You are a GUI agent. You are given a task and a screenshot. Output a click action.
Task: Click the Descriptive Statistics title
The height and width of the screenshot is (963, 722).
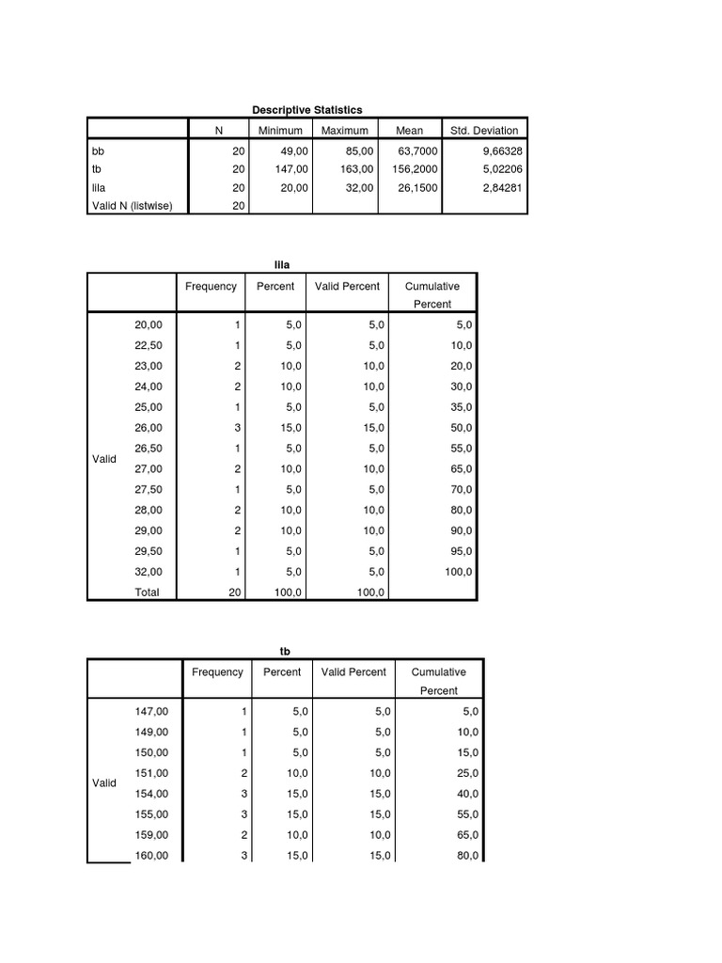point(307,110)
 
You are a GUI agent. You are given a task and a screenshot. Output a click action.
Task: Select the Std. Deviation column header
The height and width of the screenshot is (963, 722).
point(484,131)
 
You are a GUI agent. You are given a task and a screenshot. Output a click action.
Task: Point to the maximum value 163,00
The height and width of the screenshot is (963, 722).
point(355,169)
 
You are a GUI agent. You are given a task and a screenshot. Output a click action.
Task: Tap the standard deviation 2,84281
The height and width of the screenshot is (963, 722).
point(497,188)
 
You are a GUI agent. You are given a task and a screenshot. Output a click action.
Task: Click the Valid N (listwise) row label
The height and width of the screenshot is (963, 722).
point(132,206)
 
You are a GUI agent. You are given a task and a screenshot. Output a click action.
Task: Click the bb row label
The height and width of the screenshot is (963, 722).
point(98,150)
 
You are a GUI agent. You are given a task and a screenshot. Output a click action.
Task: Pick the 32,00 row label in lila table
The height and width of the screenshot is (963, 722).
point(149,572)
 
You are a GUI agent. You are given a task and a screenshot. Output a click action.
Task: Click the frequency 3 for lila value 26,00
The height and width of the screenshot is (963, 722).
point(239,428)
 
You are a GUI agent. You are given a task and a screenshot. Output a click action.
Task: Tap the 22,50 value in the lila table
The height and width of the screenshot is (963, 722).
point(149,345)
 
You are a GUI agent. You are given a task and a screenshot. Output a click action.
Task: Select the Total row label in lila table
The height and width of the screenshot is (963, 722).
point(148,592)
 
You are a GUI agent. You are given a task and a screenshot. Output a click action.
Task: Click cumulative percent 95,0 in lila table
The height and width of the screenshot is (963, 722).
point(462,551)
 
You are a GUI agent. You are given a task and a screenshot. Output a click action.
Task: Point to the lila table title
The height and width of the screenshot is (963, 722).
point(281,266)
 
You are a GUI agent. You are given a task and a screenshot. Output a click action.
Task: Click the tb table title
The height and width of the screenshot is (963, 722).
point(285,652)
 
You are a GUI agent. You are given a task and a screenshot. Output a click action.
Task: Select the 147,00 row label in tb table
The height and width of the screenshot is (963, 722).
point(151,712)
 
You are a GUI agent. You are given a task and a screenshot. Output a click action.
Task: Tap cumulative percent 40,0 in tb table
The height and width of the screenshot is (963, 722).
point(467,794)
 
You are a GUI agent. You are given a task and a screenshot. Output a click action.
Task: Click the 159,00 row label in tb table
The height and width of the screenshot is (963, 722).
point(151,835)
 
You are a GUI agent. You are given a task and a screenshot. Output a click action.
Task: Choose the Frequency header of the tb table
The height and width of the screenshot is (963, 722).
point(217,672)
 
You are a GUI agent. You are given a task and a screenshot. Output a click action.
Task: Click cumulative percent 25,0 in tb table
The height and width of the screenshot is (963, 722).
point(467,773)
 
